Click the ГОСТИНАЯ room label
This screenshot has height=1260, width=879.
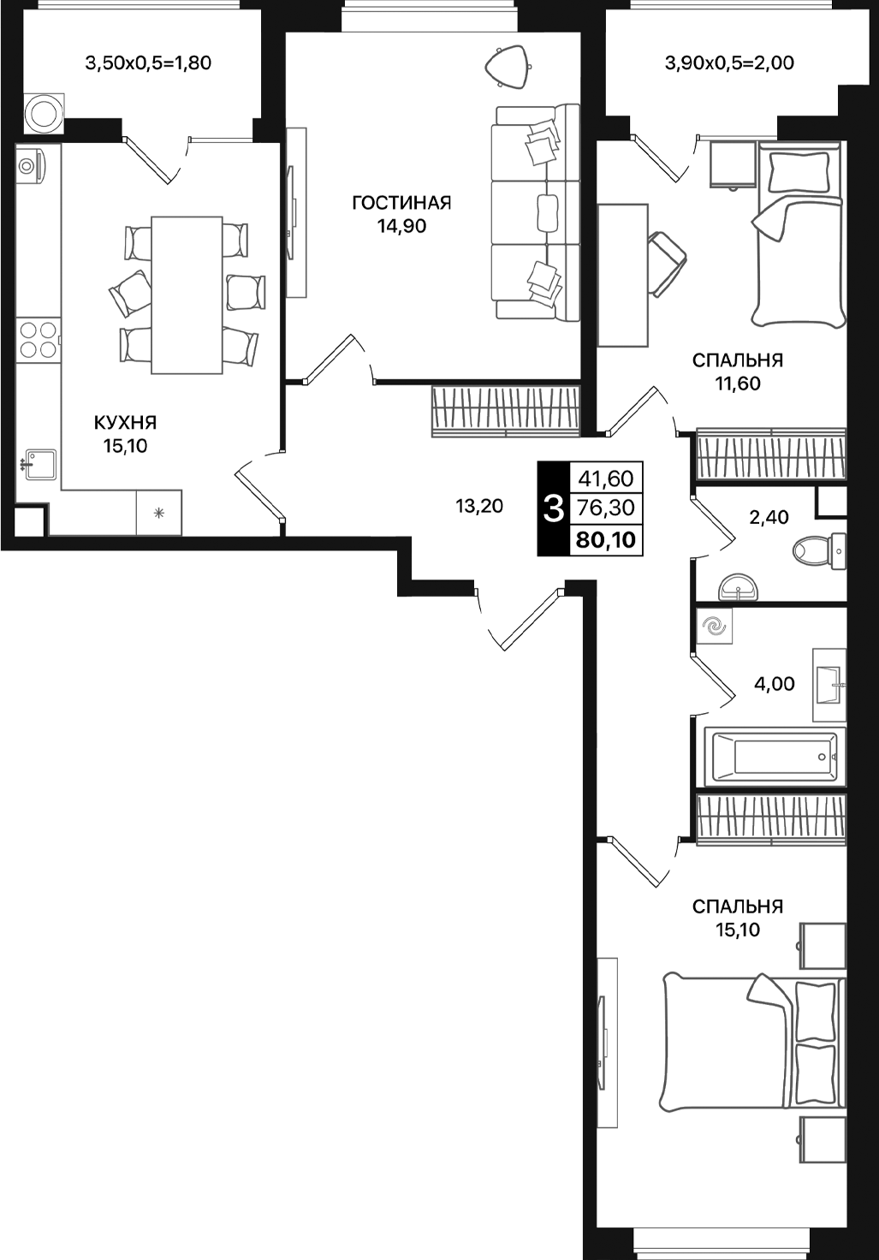[401, 203]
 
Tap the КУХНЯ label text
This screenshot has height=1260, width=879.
[125, 422]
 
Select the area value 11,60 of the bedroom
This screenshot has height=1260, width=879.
[737, 383]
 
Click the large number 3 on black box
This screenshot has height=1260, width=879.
[553, 509]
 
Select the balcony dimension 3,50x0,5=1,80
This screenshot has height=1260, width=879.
[148, 62]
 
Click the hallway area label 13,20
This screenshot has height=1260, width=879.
[479, 506]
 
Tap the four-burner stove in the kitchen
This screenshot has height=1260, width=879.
[38, 339]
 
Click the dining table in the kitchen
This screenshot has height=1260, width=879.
[187, 294]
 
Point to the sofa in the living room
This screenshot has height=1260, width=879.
[535, 212]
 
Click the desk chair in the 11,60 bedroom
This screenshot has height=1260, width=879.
[666, 262]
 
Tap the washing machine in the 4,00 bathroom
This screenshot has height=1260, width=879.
[713, 627]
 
